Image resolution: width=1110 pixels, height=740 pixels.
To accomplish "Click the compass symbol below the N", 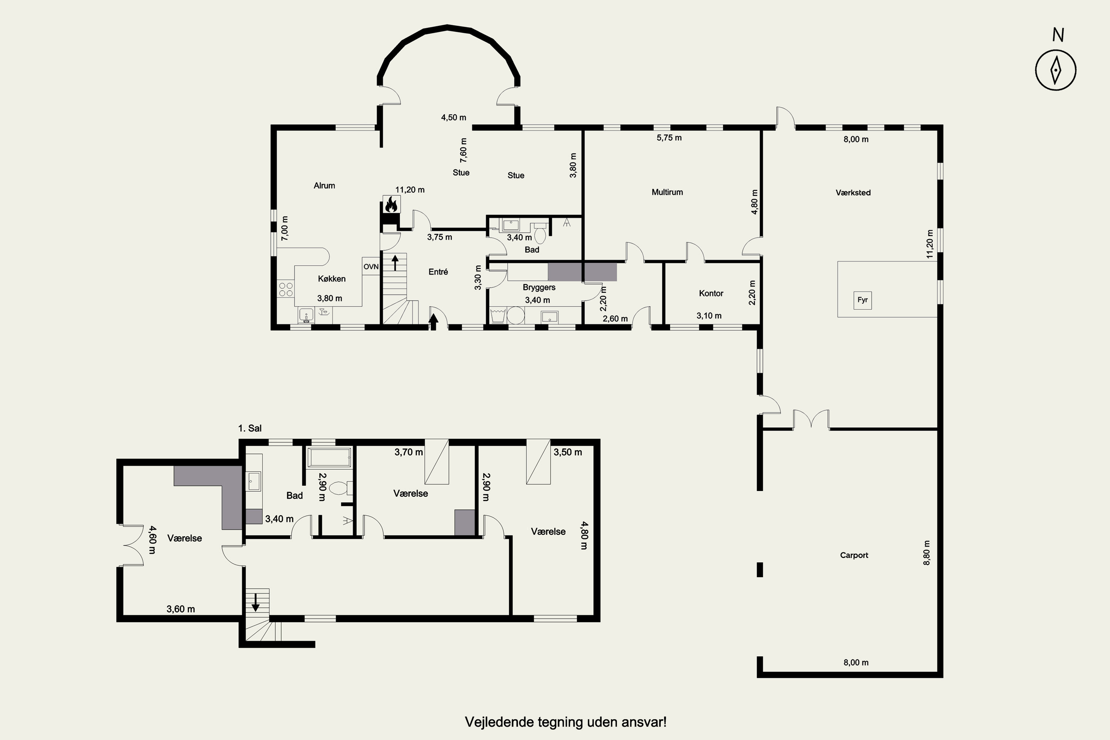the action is click(x=1056, y=70).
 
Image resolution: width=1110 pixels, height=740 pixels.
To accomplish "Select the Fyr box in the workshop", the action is click(x=863, y=300).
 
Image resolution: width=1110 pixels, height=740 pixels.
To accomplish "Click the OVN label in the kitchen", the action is click(x=371, y=267).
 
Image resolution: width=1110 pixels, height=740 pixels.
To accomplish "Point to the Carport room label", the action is click(x=854, y=555).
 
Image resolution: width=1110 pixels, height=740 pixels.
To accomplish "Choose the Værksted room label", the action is click(x=853, y=192).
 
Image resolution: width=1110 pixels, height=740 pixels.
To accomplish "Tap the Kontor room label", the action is click(x=711, y=293).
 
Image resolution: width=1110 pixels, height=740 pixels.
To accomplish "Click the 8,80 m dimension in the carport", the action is click(x=927, y=553).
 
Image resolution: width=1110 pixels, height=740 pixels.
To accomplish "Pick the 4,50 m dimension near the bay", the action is click(x=454, y=118).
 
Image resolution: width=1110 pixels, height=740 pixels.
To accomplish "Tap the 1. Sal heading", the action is click(x=250, y=428).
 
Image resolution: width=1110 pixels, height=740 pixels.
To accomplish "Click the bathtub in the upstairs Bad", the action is click(x=329, y=458).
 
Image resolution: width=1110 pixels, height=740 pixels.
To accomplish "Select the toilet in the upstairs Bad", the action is click(x=340, y=488).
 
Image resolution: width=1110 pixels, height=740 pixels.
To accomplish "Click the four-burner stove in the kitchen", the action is click(x=286, y=289).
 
